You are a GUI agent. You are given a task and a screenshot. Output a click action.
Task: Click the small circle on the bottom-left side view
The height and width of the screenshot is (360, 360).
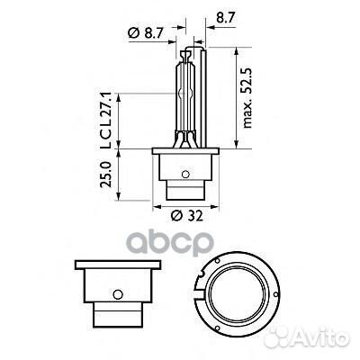pos(116,294)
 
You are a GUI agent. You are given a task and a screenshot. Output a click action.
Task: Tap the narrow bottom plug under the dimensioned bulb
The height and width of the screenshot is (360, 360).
pos(187,192)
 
